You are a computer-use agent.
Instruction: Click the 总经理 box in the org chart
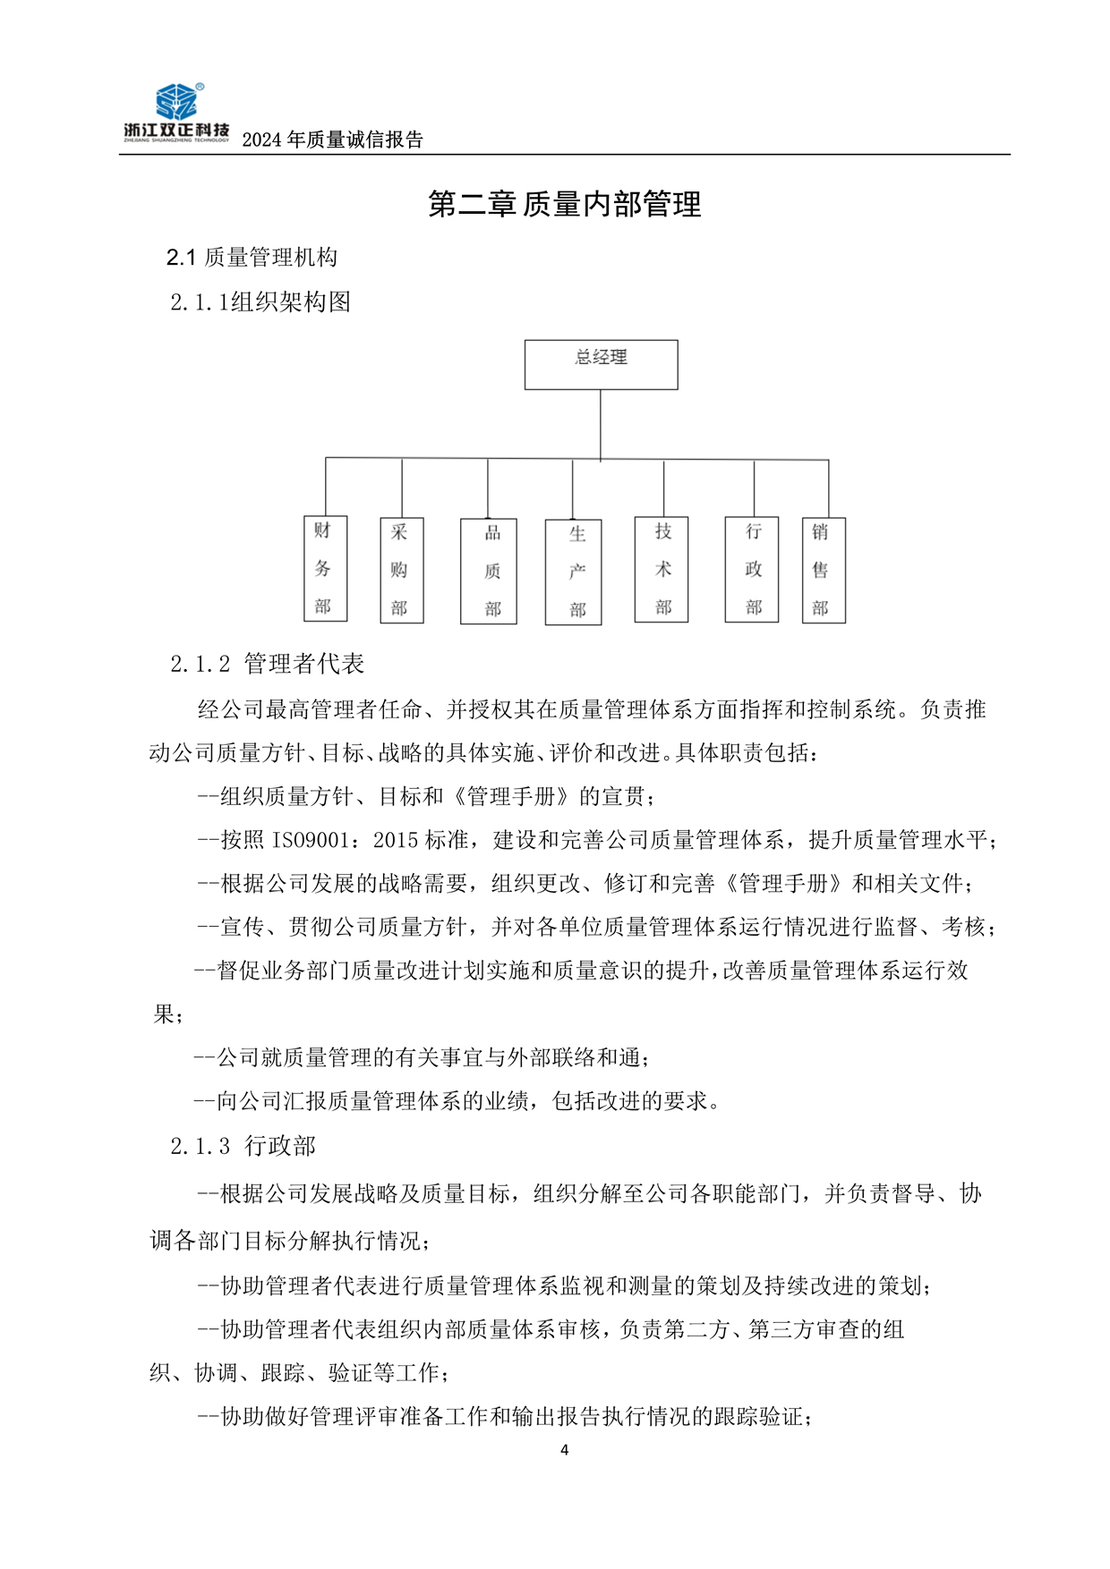(x=601, y=364)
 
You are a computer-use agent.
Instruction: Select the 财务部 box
(x=325, y=569)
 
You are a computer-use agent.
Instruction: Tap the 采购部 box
(x=401, y=570)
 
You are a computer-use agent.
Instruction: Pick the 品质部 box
(x=489, y=571)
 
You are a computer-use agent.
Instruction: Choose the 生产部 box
(x=573, y=572)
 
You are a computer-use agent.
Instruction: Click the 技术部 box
(x=662, y=569)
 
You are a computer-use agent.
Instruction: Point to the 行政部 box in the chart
(x=752, y=569)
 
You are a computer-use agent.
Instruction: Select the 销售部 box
(x=824, y=570)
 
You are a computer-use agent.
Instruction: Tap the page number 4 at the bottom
(x=564, y=1450)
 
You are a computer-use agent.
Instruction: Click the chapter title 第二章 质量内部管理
(x=564, y=205)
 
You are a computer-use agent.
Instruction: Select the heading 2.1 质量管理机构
(x=252, y=258)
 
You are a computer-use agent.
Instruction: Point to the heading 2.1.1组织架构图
(x=260, y=302)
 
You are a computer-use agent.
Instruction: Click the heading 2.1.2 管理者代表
(x=267, y=664)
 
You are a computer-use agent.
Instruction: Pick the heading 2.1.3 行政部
(x=243, y=1146)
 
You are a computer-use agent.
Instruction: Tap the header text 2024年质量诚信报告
(x=332, y=140)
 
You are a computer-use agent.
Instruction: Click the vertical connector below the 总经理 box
(x=601, y=424)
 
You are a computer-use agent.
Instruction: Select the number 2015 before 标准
(x=396, y=840)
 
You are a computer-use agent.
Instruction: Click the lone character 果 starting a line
(x=164, y=1014)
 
